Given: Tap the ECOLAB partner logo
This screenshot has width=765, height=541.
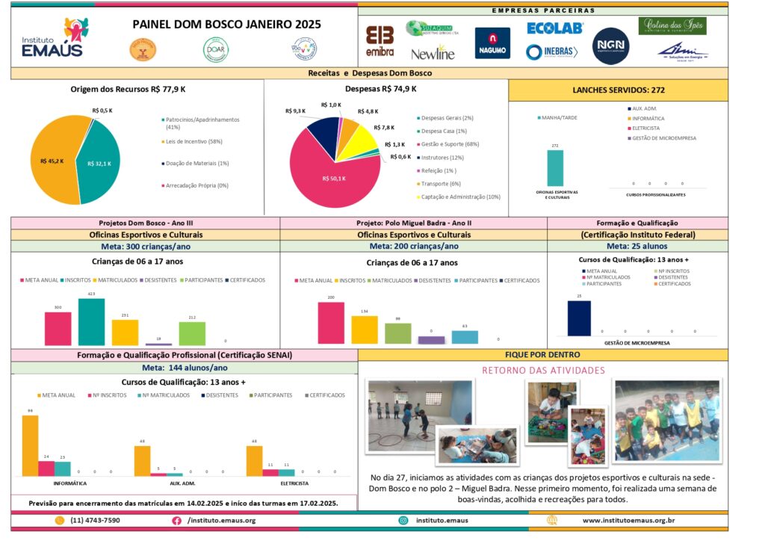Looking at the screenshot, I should (x=554, y=28).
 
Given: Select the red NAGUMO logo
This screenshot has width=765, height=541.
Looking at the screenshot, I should (x=492, y=43).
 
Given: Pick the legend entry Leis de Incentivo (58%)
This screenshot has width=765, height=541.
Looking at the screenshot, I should (x=193, y=141).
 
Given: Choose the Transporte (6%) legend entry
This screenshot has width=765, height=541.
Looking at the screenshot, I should (x=442, y=184).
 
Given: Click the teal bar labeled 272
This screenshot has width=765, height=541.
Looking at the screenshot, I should (x=555, y=167).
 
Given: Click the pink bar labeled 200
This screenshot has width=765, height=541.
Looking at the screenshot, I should (x=331, y=322).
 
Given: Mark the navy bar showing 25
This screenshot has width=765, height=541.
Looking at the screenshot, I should (x=579, y=318).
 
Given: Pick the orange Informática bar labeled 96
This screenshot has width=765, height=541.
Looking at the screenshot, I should (x=30, y=445).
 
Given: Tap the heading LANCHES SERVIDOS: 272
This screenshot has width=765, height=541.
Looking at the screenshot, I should (x=618, y=90).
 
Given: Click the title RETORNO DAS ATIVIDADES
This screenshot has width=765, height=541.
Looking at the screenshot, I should (x=542, y=370).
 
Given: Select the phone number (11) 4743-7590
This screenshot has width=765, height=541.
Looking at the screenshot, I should (x=95, y=520).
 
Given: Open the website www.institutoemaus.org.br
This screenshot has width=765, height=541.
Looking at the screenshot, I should (x=628, y=520).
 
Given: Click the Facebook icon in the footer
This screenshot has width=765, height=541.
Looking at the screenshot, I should (x=177, y=520).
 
